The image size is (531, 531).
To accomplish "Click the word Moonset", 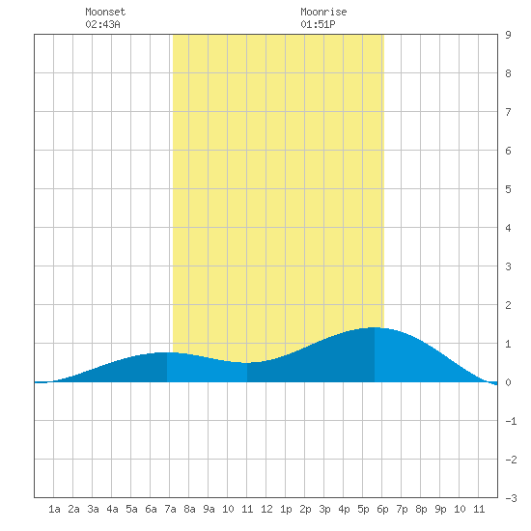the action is (105, 12).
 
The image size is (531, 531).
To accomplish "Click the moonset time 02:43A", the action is (102, 24).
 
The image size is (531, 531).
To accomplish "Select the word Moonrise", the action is (323, 12).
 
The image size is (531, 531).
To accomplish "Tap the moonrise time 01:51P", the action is (318, 24).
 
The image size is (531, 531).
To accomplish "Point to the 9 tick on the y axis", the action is (508, 35).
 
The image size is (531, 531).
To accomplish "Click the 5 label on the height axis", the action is (508, 189).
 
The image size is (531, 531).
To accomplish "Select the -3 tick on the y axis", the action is (511, 498).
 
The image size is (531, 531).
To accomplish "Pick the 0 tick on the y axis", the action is (508, 382).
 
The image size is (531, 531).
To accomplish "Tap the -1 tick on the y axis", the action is (511, 421).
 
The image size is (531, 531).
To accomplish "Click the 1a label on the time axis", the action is (54, 509).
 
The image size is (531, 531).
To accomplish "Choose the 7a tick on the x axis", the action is (170, 509).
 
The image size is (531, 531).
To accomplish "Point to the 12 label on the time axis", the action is (266, 509).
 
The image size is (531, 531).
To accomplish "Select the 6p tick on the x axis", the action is (382, 509).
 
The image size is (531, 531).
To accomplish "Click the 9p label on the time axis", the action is (440, 509).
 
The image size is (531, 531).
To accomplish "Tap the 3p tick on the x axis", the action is (324, 509).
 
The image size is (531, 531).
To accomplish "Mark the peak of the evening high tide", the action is (375, 327).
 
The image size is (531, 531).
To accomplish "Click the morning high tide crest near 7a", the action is (167, 352).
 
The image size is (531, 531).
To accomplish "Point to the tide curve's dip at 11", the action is (247, 363).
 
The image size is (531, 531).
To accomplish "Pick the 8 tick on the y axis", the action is (508, 73).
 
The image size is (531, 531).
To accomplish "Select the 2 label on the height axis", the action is (508, 305).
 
